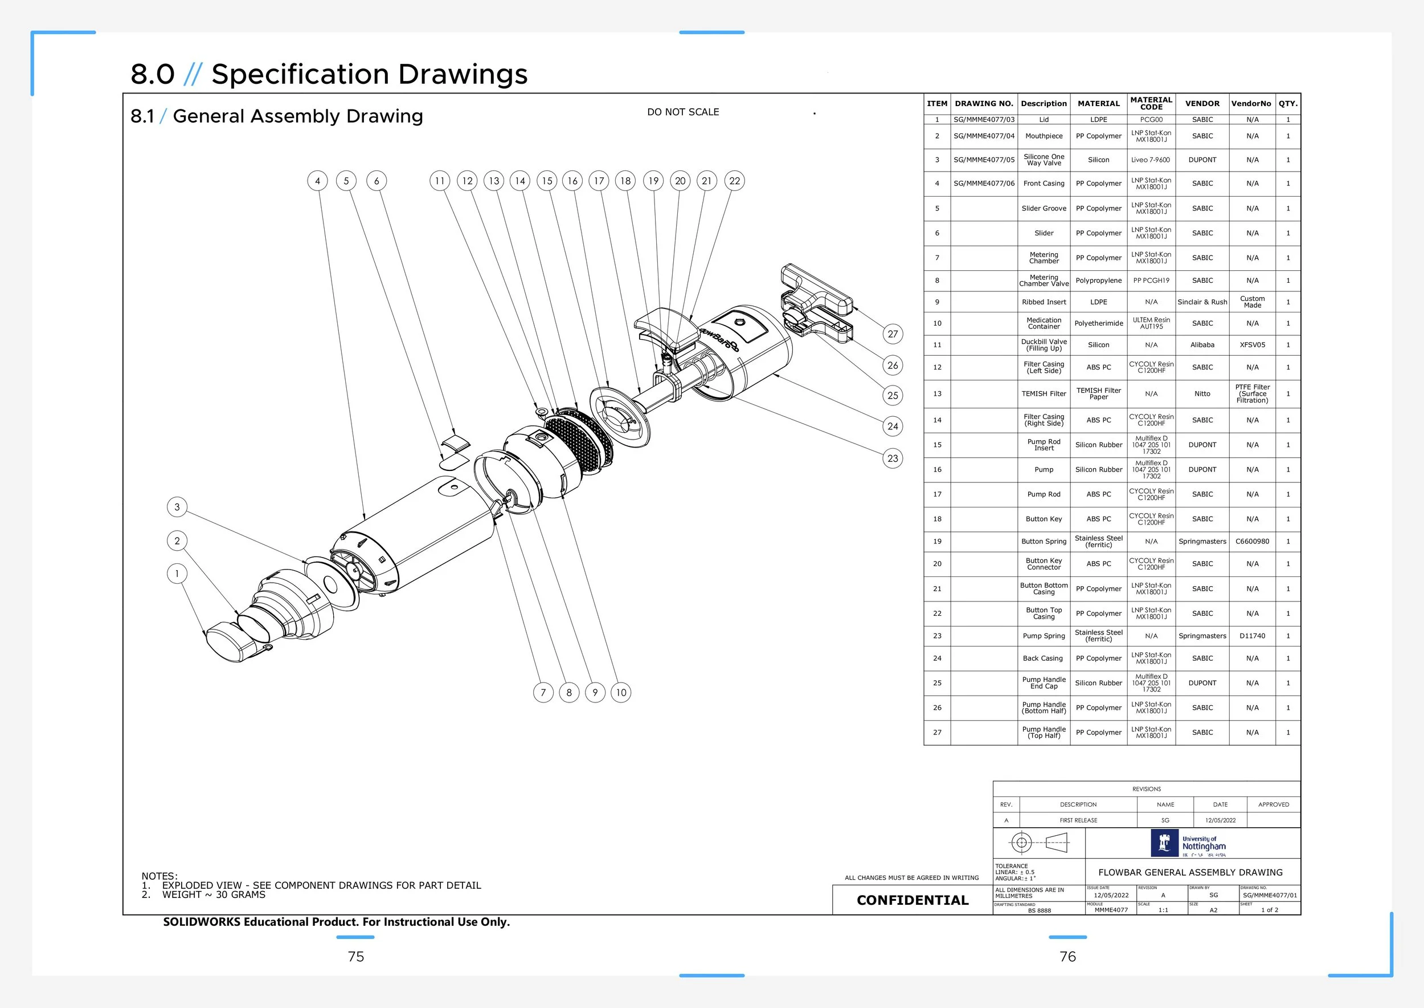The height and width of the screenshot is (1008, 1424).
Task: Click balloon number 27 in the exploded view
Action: tap(893, 334)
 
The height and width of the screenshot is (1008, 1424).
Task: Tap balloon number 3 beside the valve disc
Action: tap(177, 507)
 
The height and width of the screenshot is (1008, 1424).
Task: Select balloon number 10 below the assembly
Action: tap(621, 693)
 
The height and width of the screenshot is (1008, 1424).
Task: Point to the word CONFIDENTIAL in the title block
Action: tap(912, 900)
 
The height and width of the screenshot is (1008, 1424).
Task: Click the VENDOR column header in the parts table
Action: tap(1202, 104)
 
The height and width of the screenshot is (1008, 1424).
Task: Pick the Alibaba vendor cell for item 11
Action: tap(1202, 344)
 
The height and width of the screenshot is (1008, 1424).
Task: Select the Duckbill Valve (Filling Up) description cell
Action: tap(1044, 344)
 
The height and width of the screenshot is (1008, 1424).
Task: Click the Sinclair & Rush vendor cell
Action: tap(1202, 302)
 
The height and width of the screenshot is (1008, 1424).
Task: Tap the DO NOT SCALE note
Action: tap(683, 112)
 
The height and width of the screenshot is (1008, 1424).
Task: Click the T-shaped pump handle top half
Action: tap(817, 289)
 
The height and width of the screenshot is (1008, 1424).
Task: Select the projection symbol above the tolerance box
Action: tap(1039, 843)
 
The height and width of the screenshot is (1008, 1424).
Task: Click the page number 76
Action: tap(1067, 957)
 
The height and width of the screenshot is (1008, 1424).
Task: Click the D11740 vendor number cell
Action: tap(1252, 636)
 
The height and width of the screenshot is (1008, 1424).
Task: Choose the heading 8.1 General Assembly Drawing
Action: tap(277, 116)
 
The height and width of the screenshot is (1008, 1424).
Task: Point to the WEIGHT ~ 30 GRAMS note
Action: tap(214, 895)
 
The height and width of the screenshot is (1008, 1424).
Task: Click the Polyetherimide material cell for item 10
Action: tap(1098, 323)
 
